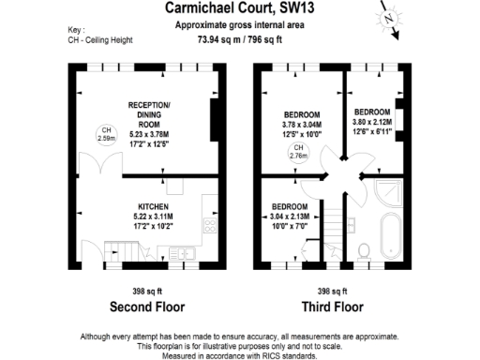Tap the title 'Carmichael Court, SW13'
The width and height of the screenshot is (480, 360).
pos(240,8)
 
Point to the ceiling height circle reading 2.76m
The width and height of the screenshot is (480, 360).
pos(298,154)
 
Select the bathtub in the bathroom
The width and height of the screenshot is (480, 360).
pos(389,230)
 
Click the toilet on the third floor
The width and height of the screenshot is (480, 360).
pos(364,249)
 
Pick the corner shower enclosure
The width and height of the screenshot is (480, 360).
pos(387,191)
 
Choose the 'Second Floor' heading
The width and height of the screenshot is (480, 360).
pos(147,307)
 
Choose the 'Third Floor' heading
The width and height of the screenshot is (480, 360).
pos(332,307)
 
